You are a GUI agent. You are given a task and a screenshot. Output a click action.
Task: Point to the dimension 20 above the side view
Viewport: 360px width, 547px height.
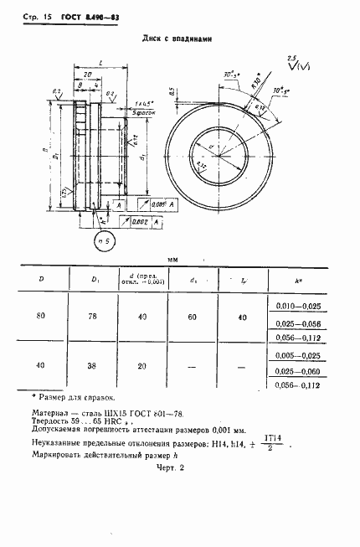point(86,75)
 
